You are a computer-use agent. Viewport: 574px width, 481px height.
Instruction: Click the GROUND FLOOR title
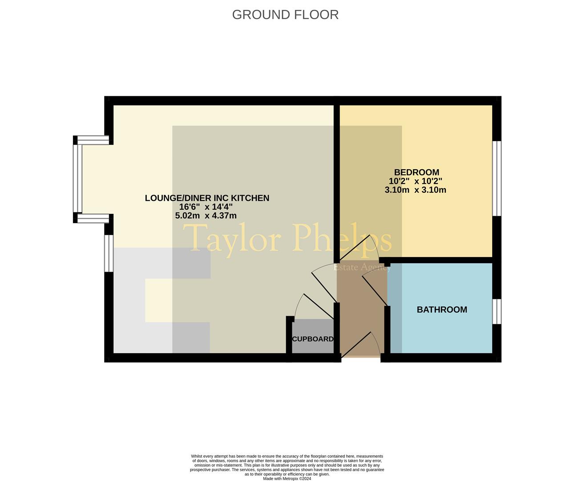tap(285, 15)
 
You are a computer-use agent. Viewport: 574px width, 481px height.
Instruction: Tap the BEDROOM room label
tap(416, 172)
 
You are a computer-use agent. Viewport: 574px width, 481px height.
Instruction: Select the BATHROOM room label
tap(442, 310)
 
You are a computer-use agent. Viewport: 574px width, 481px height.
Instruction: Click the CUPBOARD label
tap(312, 339)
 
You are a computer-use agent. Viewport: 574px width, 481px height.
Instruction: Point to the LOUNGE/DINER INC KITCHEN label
tap(207, 198)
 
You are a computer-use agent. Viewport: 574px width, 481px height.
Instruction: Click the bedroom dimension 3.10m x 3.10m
tap(415, 190)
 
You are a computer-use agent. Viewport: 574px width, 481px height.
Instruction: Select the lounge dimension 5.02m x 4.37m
tap(206, 216)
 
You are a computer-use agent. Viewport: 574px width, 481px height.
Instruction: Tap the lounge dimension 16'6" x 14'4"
tap(206, 207)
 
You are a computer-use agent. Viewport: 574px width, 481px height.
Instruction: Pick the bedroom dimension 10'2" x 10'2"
tap(415, 181)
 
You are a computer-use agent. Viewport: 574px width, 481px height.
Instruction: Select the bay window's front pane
tap(78, 179)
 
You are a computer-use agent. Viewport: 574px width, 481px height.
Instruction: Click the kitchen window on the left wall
tap(109, 253)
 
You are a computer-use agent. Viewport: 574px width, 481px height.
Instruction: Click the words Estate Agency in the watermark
tap(362, 267)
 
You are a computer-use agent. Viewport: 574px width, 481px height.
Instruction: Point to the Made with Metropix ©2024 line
tap(287, 479)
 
